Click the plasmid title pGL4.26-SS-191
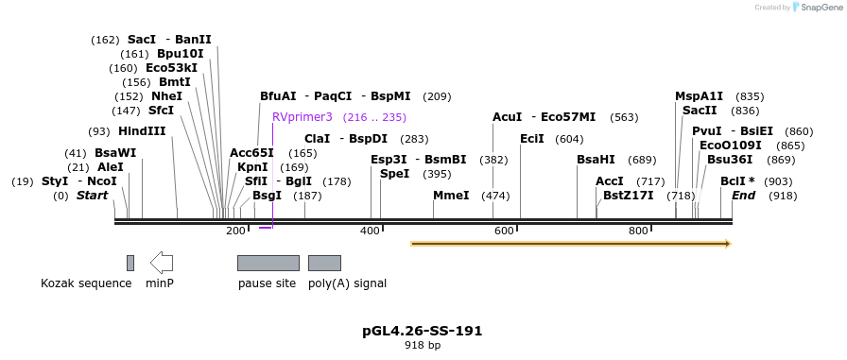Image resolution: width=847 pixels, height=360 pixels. (x=423, y=331)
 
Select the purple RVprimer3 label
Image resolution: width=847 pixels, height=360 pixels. (x=302, y=117)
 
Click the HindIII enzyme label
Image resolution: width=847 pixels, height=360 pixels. (x=142, y=131)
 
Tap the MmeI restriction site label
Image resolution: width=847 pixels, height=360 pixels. (x=451, y=196)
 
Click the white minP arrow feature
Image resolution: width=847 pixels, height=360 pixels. (x=162, y=262)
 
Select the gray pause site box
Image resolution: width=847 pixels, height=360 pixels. (x=268, y=263)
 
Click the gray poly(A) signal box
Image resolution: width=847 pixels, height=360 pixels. (x=324, y=263)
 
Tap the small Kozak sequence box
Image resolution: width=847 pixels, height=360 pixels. (x=130, y=263)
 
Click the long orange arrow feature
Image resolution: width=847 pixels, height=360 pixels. (x=571, y=244)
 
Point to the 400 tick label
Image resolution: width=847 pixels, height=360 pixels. (x=370, y=231)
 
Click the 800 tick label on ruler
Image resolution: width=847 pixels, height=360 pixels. (x=638, y=231)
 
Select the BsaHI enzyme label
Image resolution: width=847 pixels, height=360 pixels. (x=596, y=160)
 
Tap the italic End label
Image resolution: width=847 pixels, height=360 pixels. (x=744, y=196)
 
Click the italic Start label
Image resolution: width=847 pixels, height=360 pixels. (x=93, y=196)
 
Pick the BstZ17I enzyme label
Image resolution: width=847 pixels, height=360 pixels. (x=629, y=196)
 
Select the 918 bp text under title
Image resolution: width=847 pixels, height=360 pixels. (x=423, y=346)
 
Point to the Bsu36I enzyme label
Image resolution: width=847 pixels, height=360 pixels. (x=730, y=160)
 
